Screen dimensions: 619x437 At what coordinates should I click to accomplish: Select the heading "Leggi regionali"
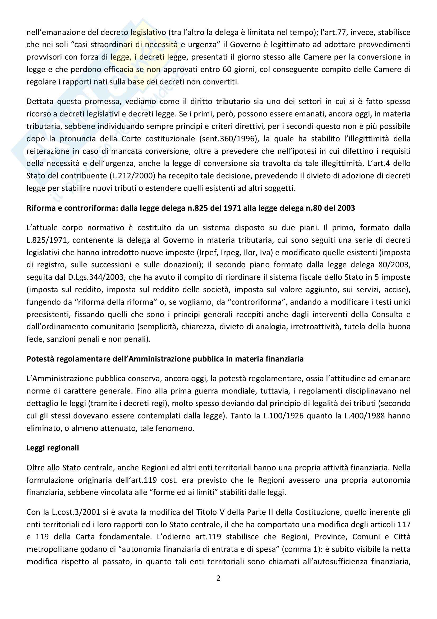[53, 448]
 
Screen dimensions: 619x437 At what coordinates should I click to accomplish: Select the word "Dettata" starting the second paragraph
[40, 102]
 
